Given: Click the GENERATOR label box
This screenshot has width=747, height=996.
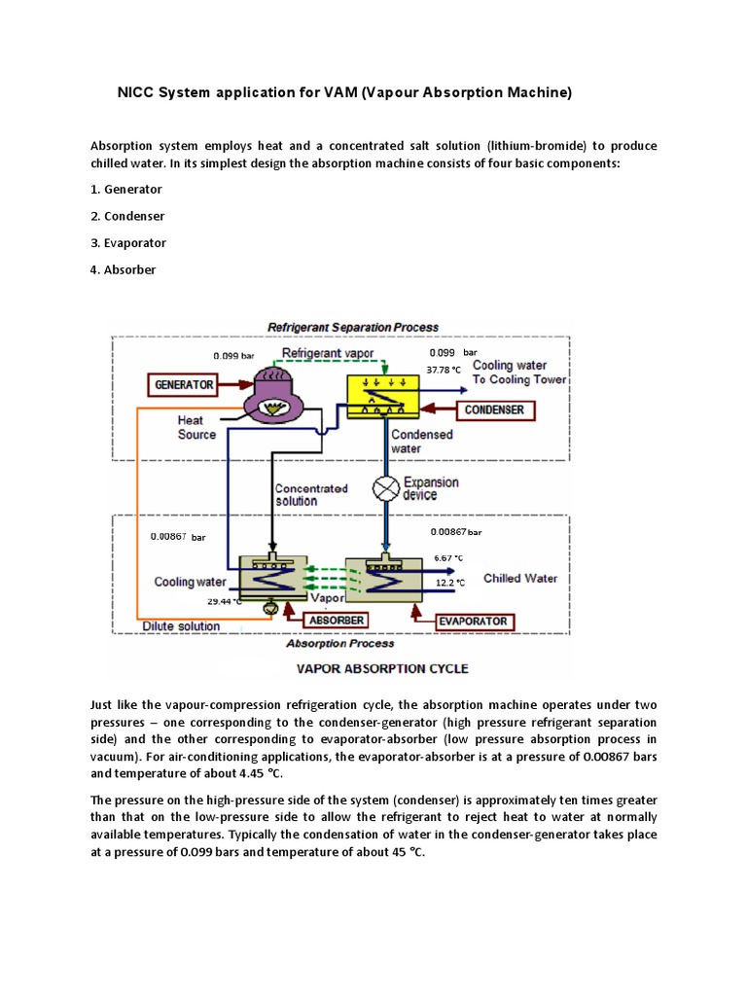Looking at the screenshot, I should [184, 384].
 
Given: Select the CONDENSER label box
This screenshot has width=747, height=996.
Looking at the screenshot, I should [493, 409].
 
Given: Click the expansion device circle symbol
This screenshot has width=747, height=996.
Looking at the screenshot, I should [387, 486].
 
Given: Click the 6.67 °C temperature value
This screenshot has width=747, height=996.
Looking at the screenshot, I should [450, 557].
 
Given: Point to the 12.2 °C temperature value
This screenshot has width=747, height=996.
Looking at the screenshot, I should [450, 583].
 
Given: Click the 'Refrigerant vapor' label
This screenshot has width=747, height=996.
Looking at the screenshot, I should [327, 352].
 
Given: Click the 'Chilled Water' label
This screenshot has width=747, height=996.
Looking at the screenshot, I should [520, 578].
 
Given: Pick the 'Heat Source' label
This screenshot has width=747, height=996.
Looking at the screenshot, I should [196, 428].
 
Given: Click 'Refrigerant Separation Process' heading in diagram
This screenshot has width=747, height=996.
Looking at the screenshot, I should [352, 327].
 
